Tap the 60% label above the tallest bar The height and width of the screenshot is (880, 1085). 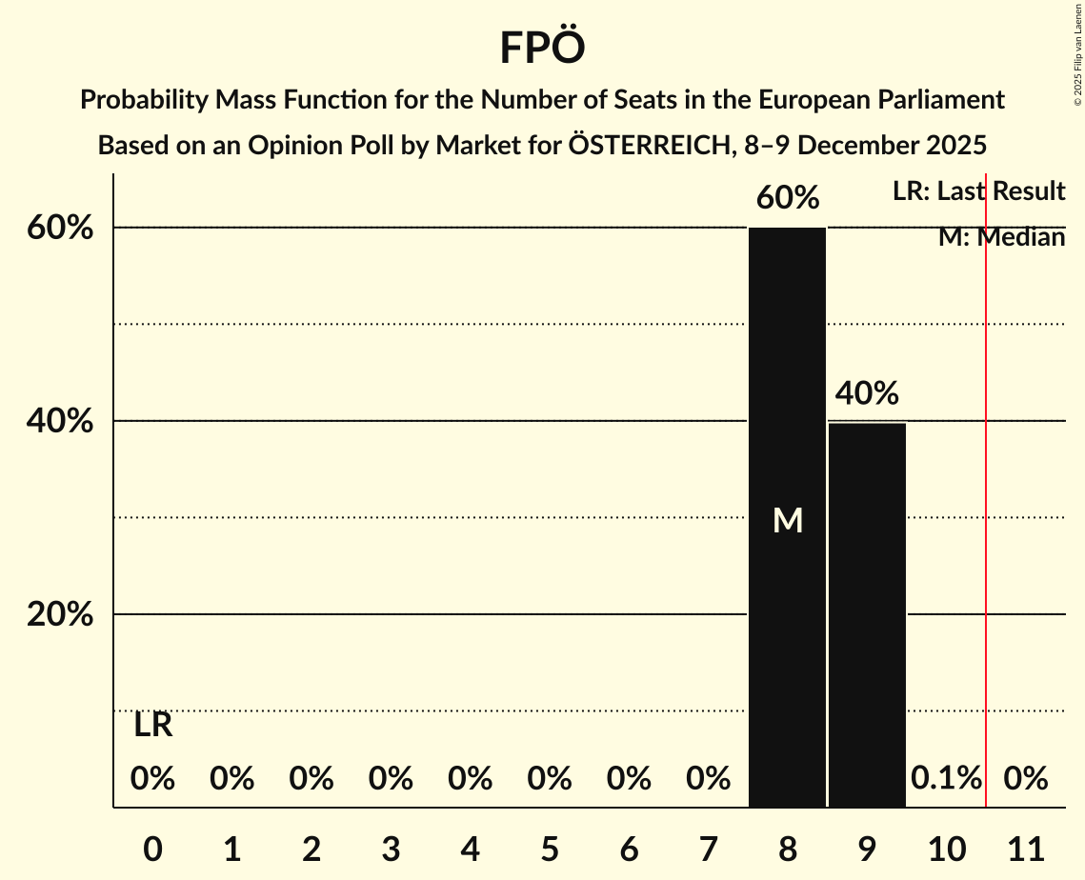tap(788, 198)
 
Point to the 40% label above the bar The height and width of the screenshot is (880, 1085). tap(867, 392)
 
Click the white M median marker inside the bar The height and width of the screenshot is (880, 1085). tap(788, 520)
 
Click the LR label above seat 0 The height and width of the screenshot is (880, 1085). tap(152, 726)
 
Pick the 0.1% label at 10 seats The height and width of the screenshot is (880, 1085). tap(946, 778)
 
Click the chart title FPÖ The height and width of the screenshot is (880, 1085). tap(541, 48)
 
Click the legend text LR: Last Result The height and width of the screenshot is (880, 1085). tap(978, 191)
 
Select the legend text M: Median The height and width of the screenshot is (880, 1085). tap(1001, 237)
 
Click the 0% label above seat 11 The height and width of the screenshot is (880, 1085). tap(1026, 778)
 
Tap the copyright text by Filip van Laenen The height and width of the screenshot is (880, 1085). tap(1077, 53)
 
